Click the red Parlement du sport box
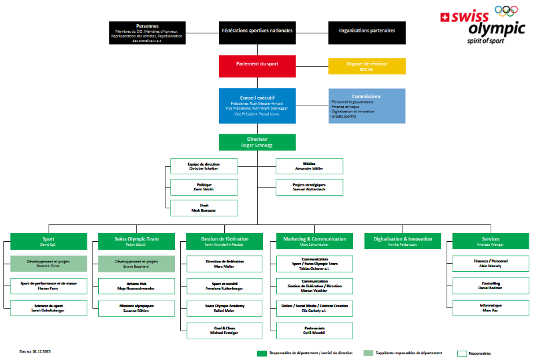257,65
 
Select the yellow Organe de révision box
366,65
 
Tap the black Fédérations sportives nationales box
257,32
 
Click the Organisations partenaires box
366,32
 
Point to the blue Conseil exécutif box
257,106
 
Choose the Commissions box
366,106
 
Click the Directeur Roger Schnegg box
257,142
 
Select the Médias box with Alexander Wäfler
310,166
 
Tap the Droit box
204,208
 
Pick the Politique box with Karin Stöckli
204,187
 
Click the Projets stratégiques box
310,187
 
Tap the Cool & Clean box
224,330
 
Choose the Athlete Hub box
136,285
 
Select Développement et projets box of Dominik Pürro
48,263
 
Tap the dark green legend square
262,353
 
